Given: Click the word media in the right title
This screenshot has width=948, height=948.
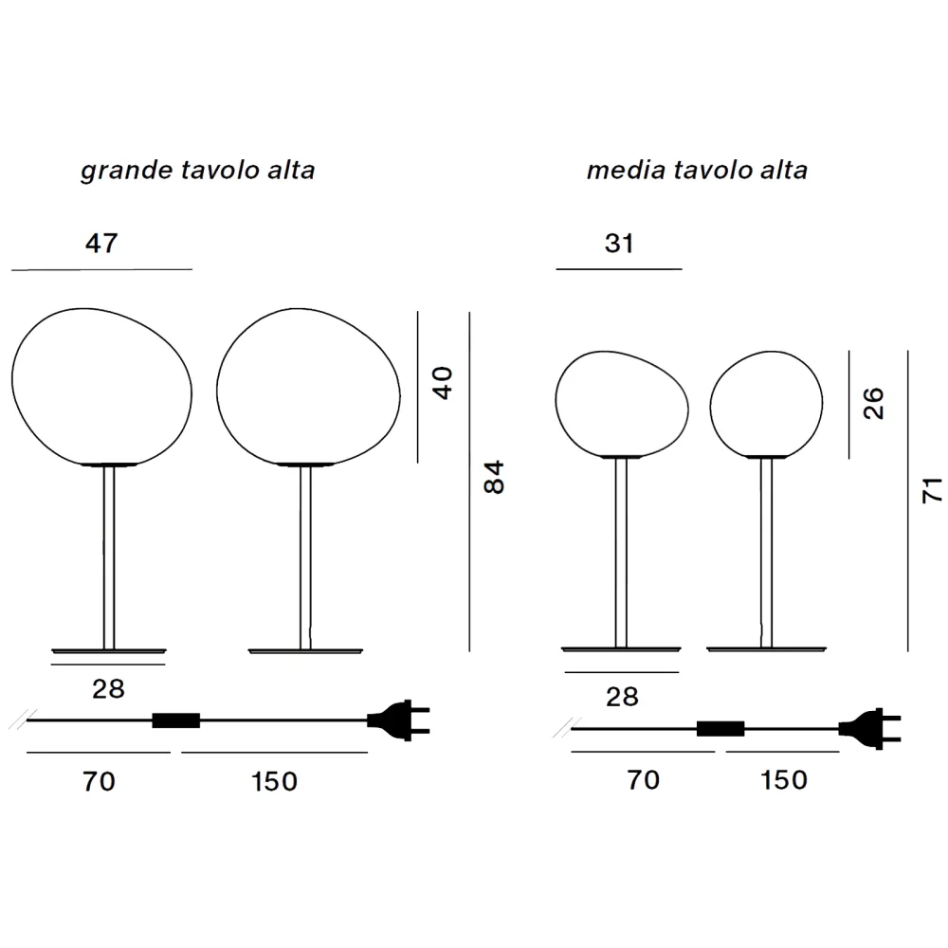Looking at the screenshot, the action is coord(626,170).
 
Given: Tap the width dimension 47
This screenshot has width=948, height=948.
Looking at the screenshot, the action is coord(101,243).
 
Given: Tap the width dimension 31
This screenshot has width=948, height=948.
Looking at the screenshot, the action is coord(619,243).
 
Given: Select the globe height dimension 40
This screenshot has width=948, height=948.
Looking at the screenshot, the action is coord(443,383).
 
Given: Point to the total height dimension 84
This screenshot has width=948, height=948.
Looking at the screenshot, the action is coord(494,477).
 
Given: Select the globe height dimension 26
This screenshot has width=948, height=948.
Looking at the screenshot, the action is coord(874,403).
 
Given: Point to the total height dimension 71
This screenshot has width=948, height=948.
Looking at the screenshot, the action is coord(932,490).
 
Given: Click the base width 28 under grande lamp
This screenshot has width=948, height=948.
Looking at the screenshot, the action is coord(108,688).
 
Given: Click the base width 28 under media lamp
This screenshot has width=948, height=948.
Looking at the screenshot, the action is coord(622,697).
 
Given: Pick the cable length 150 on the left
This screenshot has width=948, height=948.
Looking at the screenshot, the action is coord(274,781).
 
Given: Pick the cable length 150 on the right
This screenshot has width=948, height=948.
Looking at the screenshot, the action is coord(784,780).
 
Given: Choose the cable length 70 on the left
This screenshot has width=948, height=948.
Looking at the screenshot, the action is coord(99,781).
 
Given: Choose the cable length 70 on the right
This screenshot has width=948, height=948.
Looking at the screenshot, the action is coord(643,780).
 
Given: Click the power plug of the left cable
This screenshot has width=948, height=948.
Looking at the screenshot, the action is coord(398,720).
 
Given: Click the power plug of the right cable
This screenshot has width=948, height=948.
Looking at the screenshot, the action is coord(870,728).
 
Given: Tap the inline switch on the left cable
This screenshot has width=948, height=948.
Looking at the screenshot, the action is coord(176,720).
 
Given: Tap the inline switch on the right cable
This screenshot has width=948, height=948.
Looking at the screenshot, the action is coord(720,728).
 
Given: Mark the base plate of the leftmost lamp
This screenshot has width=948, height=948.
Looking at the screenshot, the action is coord(109,651).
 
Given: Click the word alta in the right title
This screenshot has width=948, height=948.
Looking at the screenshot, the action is coord(784,170).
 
